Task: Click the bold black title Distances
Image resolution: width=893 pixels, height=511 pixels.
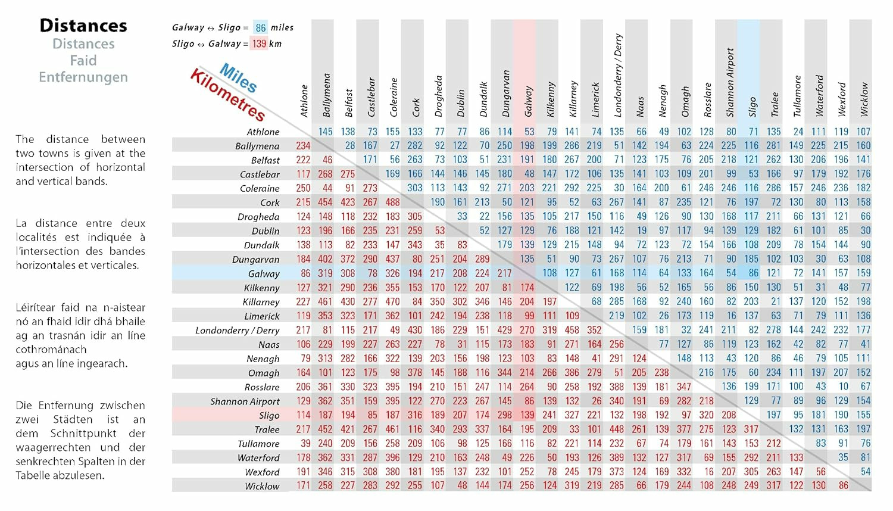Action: pos(83,26)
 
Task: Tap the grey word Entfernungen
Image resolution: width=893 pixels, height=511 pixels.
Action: pos(83,77)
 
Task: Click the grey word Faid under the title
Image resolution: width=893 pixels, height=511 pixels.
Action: pos(83,61)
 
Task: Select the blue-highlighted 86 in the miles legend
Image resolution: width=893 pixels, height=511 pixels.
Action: pos(261,27)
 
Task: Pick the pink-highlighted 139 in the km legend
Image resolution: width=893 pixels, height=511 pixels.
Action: pos(259,43)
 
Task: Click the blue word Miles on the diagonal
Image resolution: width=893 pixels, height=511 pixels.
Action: pos(238,78)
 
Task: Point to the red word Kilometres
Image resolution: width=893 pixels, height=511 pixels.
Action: pos(227,95)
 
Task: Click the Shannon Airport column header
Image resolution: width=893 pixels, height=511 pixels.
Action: pos(730,82)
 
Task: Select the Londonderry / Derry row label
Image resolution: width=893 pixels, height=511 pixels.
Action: pos(237,331)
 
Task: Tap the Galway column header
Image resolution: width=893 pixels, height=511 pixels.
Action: pos(528,101)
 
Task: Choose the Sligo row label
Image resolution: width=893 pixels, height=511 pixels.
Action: pos(269,416)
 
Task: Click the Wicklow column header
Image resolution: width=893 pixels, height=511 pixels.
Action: pos(864,99)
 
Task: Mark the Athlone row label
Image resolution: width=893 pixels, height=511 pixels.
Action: pos(263,132)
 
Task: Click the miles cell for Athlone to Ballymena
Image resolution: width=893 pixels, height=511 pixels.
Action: pos(326,132)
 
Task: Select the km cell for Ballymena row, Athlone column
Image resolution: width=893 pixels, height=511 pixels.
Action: pos(303,146)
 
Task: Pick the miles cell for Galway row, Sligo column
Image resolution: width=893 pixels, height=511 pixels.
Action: pos(754,273)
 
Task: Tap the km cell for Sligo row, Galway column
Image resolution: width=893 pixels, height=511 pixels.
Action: pos(527,415)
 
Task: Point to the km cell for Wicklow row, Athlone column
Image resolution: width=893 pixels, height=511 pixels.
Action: pos(303,486)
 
